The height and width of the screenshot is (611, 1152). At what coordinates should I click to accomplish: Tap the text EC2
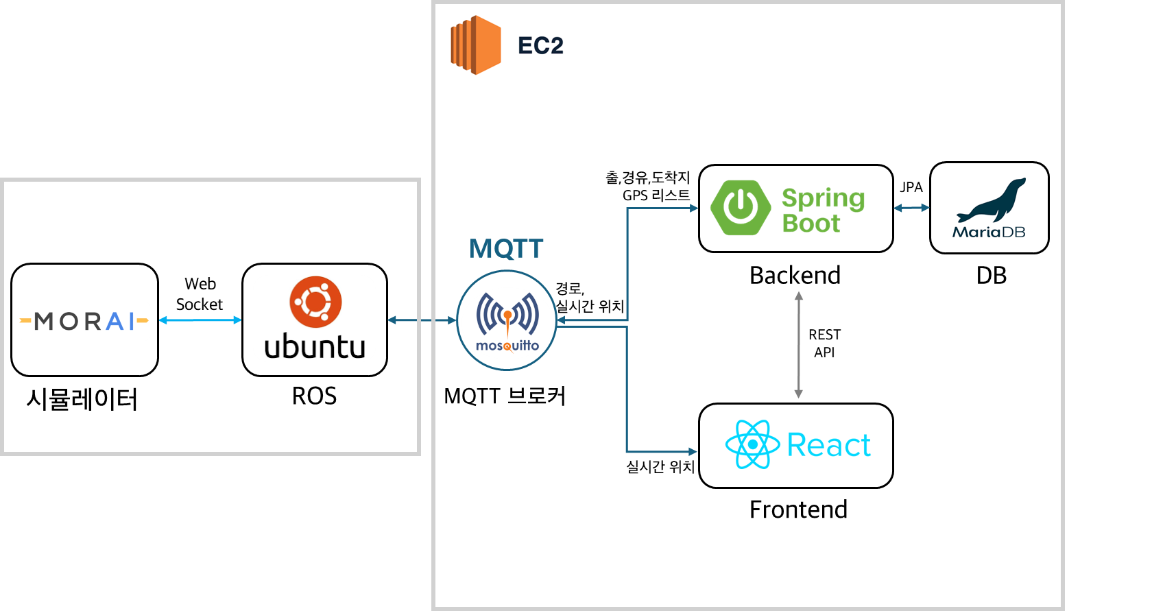tap(540, 46)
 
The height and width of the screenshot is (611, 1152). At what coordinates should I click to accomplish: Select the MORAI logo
tap(84, 321)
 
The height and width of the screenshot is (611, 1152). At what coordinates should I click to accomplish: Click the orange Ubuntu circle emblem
tap(315, 302)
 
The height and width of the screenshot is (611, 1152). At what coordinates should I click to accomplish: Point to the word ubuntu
tap(315, 346)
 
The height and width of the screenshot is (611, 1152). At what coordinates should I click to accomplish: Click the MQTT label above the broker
tap(506, 249)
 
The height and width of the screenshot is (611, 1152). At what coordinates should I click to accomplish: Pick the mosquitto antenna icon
tap(507, 315)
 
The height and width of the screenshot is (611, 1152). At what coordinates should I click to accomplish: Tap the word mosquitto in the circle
tap(507, 346)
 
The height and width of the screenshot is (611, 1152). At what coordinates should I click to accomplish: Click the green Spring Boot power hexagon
tap(741, 207)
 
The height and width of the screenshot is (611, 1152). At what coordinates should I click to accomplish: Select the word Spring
tap(823, 198)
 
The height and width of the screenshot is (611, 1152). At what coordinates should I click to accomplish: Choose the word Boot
tap(811, 224)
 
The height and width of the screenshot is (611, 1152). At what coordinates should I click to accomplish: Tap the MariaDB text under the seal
tap(989, 232)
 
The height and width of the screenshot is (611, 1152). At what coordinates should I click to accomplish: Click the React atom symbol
tap(752, 444)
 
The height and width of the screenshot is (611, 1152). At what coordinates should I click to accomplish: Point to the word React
tap(828, 445)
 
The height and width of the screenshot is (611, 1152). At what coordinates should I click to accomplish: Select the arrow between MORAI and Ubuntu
tap(200, 320)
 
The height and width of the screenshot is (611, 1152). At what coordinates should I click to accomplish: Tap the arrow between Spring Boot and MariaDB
tap(911, 207)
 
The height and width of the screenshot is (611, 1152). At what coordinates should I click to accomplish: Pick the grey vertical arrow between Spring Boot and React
tap(798, 344)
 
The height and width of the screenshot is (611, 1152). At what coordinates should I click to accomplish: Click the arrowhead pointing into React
tap(693, 451)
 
